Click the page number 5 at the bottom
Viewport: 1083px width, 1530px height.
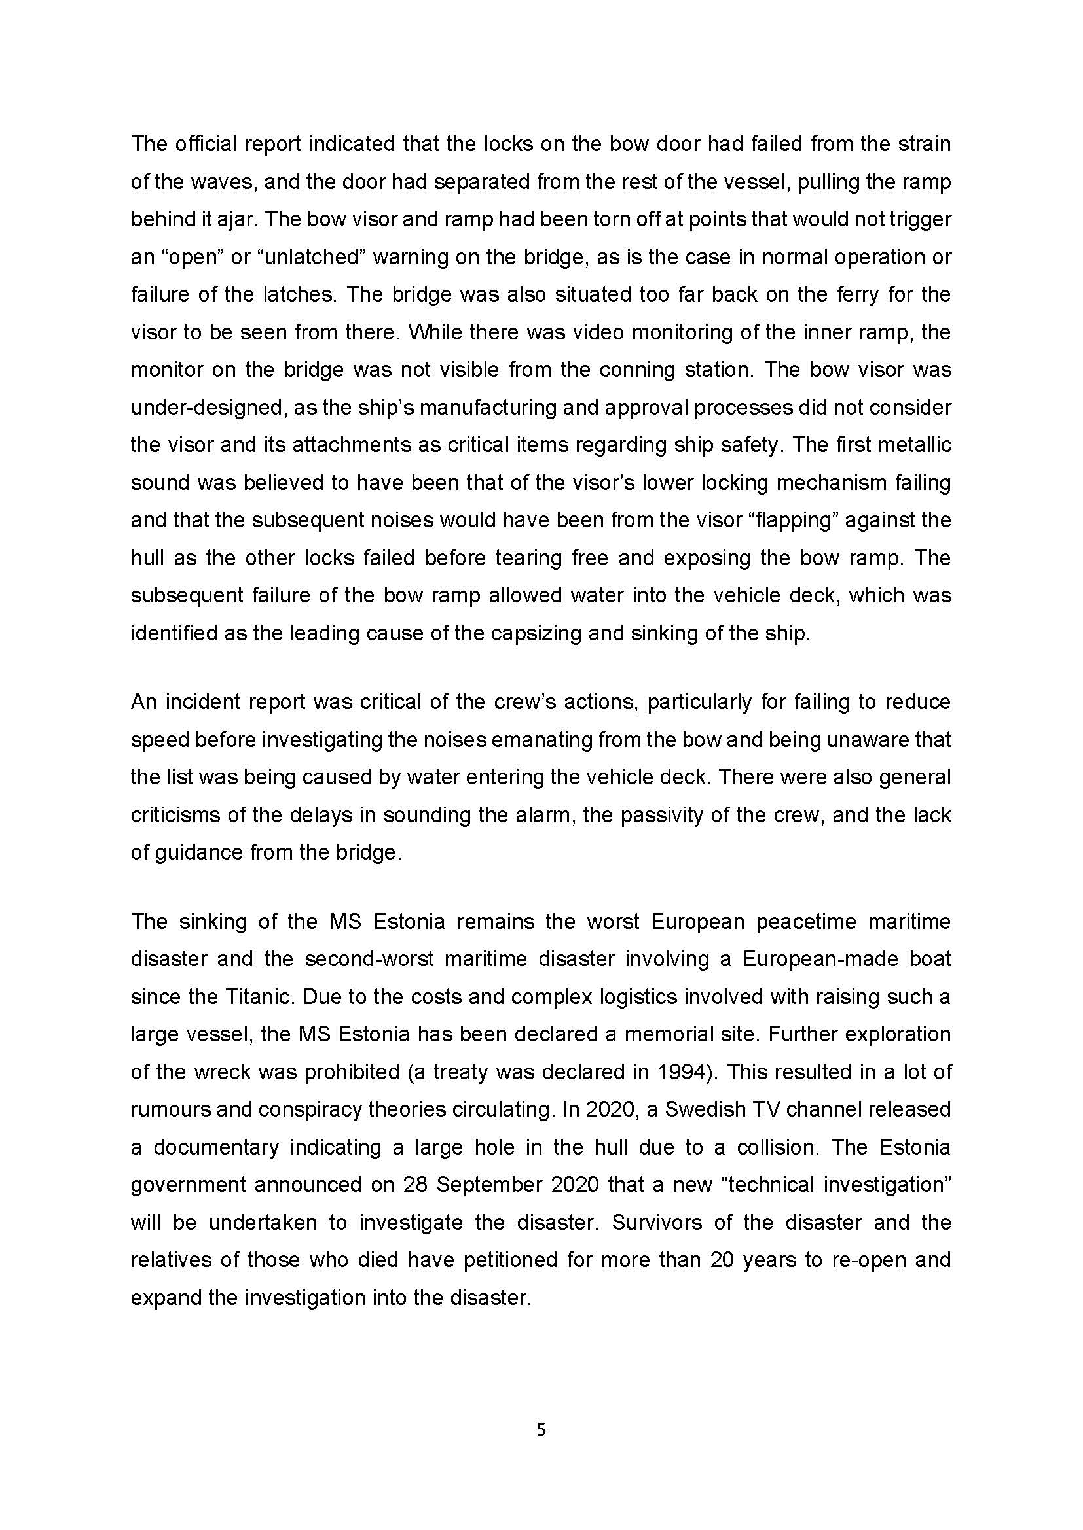[x=541, y=1429]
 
